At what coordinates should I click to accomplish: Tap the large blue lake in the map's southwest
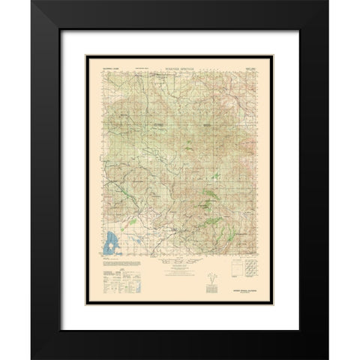(x=111, y=241)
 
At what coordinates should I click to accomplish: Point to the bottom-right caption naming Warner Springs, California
(x=246, y=286)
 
